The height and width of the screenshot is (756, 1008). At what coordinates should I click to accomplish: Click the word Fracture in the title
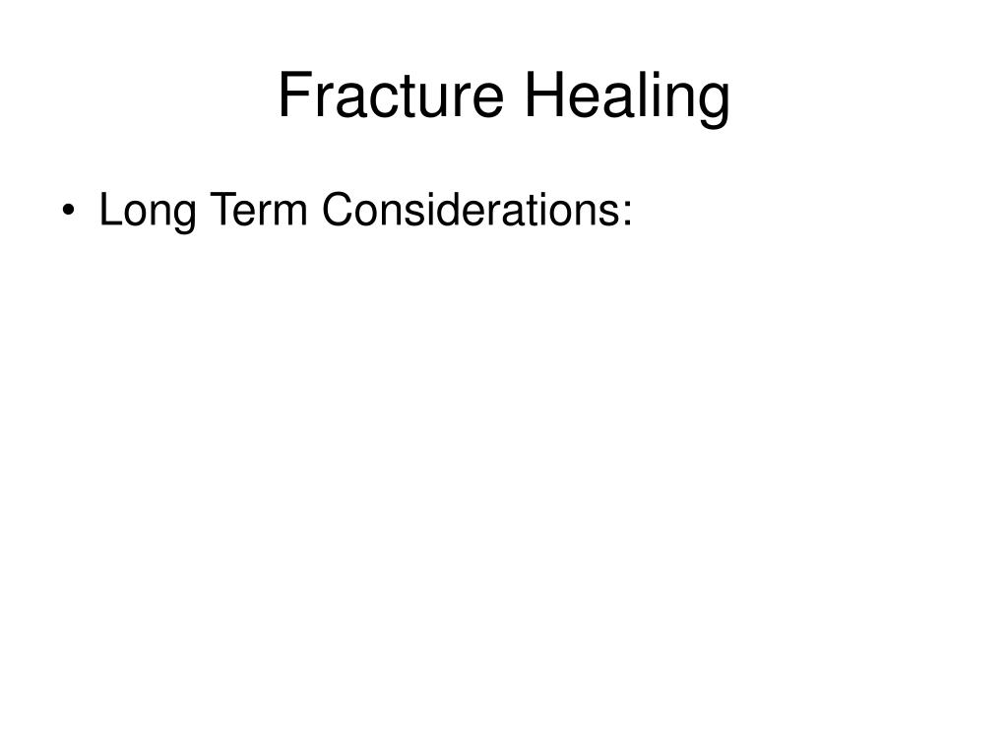pyautogui.click(x=391, y=95)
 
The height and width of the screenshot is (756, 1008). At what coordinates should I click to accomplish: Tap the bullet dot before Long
pyautogui.click(x=68, y=211)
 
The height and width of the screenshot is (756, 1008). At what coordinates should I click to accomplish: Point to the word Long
pyautogui.click(x=148, y=211)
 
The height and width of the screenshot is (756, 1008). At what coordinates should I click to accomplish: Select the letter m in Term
pyautogui.click(x=290, y=214)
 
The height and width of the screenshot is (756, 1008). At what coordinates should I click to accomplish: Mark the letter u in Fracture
pyautogui.click(x=438, y=101)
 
